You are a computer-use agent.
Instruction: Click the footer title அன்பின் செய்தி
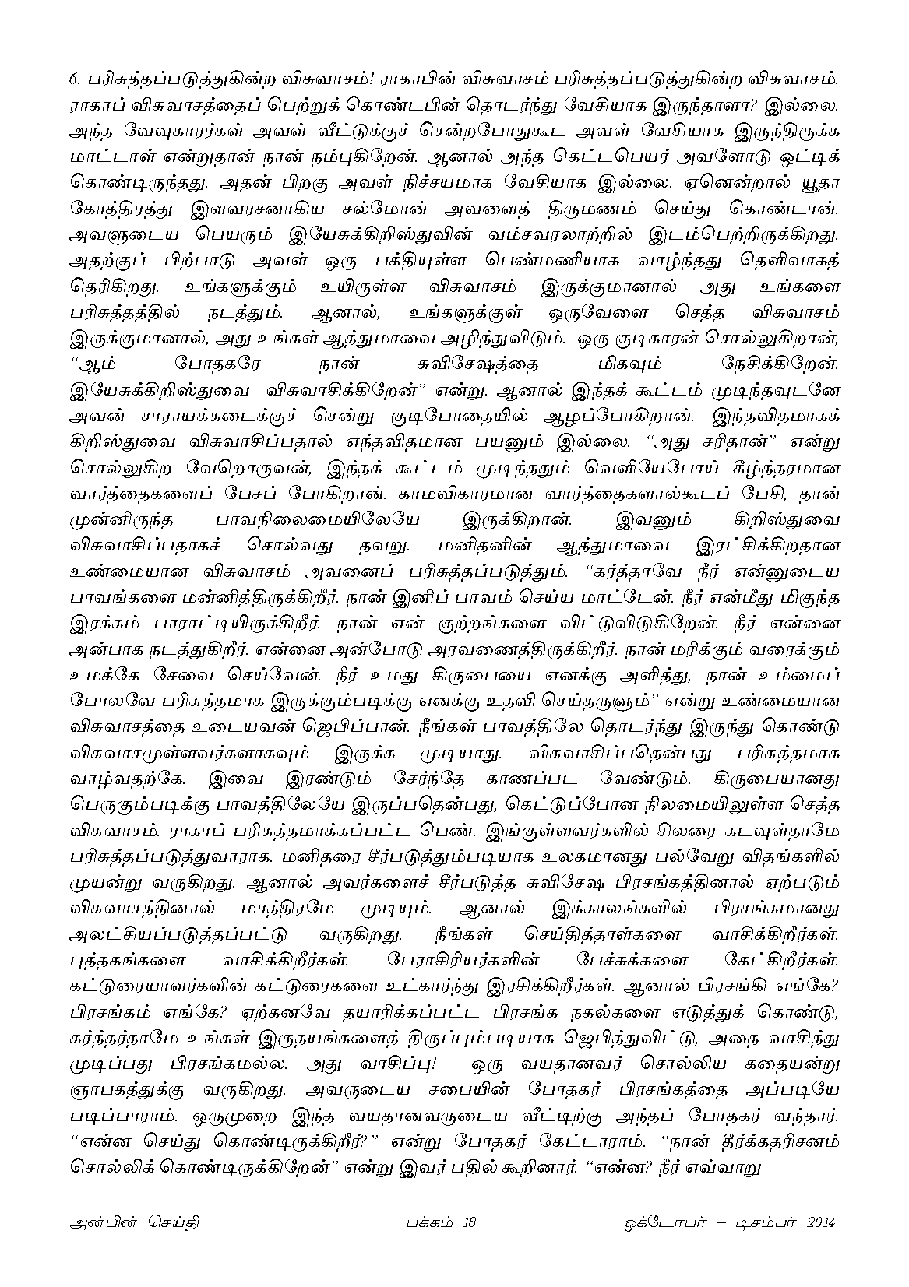[x=132, y=1222]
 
